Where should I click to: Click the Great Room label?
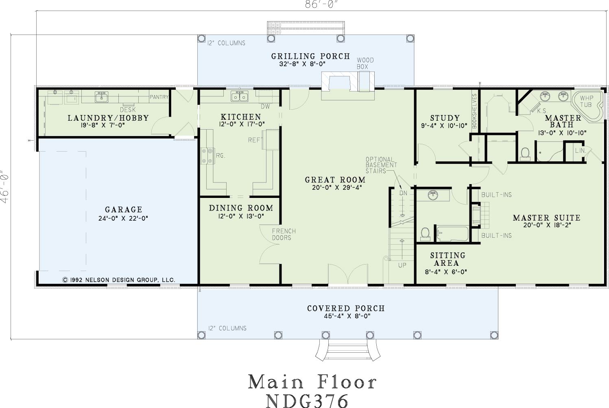point(335,180)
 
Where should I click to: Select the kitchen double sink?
point(240,96)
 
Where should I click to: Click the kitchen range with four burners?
point(207,156)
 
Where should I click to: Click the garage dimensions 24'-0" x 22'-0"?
point(123,218)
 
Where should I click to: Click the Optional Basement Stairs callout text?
point(381,165)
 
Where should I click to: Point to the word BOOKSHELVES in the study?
point(474,111)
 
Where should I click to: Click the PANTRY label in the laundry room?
point(159,97)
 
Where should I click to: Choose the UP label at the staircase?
point(402,265)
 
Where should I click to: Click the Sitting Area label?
point(447,259)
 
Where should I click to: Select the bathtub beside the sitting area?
point(452,234)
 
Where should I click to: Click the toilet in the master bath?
point(525,154)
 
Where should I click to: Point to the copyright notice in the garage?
point(119,280)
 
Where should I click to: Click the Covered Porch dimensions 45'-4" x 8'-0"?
point(347,316)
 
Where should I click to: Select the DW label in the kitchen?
point(265,106)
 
